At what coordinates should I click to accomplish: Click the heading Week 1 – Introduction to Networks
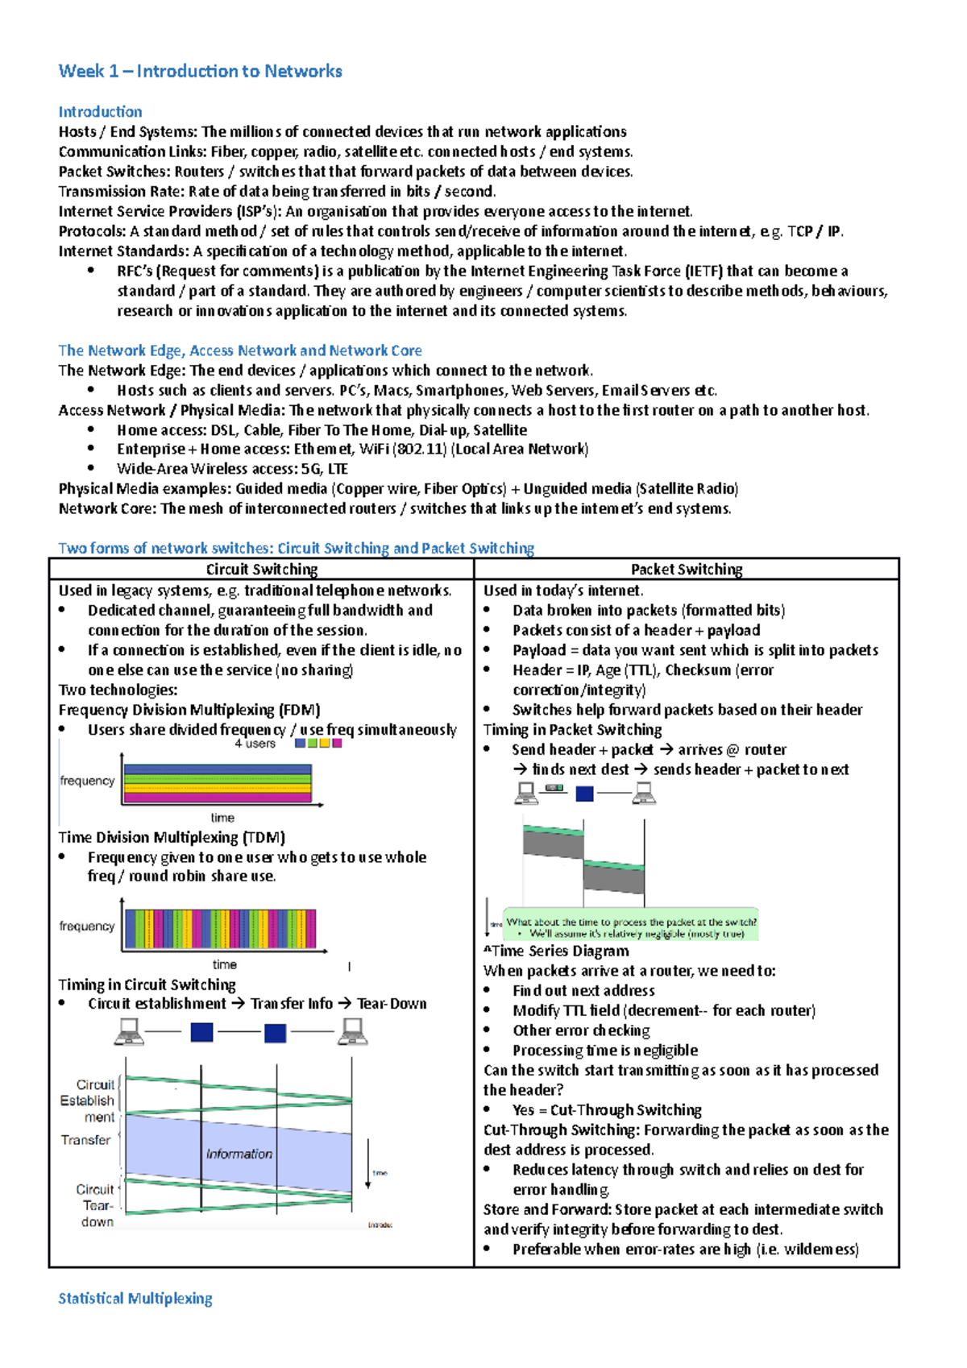(x=200, y=71)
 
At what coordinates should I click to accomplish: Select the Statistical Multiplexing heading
(x=135, y=1298)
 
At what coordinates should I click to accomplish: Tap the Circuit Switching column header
(x=261, y=569)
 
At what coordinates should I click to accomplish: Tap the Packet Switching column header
(x=686, y=569)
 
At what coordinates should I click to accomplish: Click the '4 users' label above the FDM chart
(x=255, y=744)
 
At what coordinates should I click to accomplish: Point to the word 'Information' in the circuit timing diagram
(x=239, y=1154)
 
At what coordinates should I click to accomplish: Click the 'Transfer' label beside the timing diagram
(x=85, y=1140)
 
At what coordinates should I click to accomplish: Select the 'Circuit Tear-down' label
(x=96, y=1205)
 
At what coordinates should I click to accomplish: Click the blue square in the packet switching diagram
(x=584, y=794)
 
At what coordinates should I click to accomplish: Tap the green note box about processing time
(x=631, y=927)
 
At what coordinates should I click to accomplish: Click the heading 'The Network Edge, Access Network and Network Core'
(x=239, y=350)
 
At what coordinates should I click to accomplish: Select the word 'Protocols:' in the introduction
(x=92, y=231)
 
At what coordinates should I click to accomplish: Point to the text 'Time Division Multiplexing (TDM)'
(x=172, y=837)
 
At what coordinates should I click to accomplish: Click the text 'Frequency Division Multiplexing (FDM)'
(x=189, y=710)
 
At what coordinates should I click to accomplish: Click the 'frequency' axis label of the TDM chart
(x=86, y=927)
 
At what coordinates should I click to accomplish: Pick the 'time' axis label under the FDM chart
(x=222, y=817)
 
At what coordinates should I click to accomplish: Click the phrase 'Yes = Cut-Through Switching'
(x=606, y=1110)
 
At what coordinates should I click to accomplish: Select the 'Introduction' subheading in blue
(x=100, y=112)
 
